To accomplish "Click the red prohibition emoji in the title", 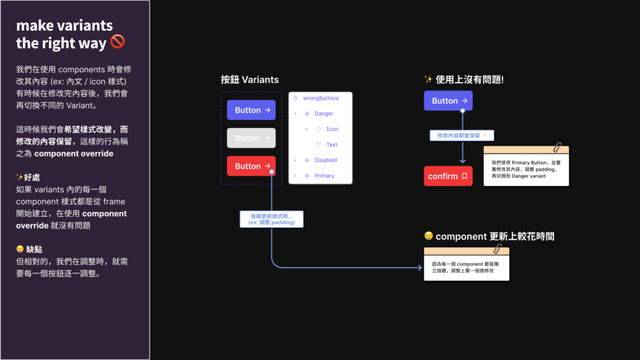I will coord(118,42).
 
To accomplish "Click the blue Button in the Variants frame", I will coord(252,110).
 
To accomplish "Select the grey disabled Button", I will coord(252,138).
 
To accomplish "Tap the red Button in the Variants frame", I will coord(252,166).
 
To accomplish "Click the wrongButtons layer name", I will coord(320,98).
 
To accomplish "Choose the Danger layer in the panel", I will coord(324,113).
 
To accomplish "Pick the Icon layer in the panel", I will coord(332,129).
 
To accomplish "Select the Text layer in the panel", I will coord(332,145).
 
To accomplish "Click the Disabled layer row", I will coord(325,160).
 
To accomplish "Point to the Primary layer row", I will coord(324,176).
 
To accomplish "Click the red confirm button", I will coord(448,176).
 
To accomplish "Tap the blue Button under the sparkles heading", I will coord(448,101).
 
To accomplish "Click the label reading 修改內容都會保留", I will coord(462,136).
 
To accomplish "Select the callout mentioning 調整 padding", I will coord(272,219).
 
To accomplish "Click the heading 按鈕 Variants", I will coord(250,80).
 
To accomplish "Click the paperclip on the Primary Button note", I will coord(557,148).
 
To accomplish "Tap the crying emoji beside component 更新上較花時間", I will coord(429,236).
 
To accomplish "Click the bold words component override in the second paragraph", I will coord(74,154).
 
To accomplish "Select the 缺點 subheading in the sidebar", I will coord(34,249).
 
